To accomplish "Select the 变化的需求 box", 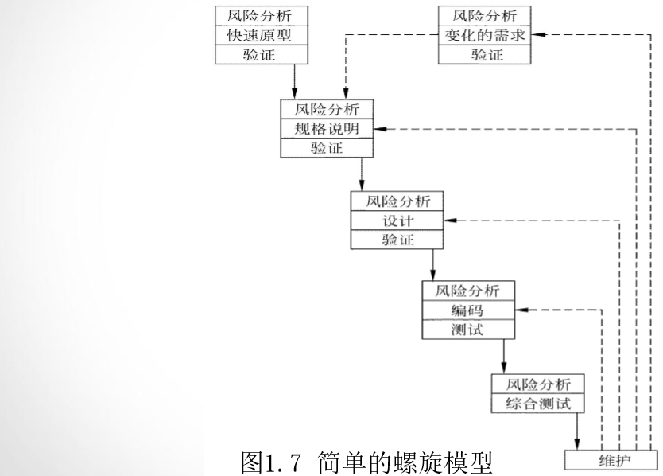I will [x=485, y=35].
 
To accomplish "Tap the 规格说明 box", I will [x=326, y=129].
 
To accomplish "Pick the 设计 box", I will [x=396, y=220].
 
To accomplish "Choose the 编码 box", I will [x=467, y=310].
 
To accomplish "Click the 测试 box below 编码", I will [x=467, y=330].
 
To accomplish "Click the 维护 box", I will [x=610, y=461].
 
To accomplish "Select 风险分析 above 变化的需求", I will [x=485, y=16].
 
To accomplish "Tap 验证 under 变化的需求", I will [x=485, y=54].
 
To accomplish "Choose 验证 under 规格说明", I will [x=326, y=148].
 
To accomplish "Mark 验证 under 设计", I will [x=396, y=240].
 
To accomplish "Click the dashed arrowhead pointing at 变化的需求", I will [x=537, y=35].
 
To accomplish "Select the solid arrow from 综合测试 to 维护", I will [x=576, y=432].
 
